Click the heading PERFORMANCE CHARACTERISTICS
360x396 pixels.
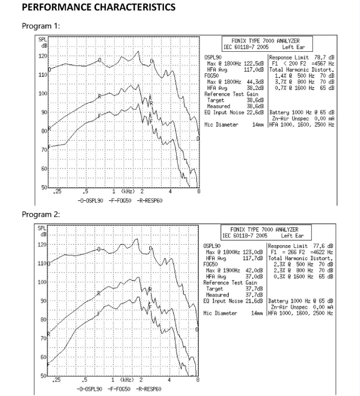pos(99,7)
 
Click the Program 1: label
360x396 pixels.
pos(41,26)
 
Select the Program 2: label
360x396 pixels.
pos(41,214)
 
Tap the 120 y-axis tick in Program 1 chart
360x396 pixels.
pos(43,56)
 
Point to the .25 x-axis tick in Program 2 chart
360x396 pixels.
pos(56,380)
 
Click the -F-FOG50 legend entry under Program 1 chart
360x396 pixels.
pos(120,201)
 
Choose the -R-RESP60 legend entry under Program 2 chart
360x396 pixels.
pos(148,389)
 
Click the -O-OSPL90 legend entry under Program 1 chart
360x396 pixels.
pos(90,201)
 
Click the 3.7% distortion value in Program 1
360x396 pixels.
pos(280,82)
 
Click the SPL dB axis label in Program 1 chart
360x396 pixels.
pos(43,43)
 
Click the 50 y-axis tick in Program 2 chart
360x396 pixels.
pos(44,376)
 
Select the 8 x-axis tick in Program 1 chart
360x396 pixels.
pos(199,192)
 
